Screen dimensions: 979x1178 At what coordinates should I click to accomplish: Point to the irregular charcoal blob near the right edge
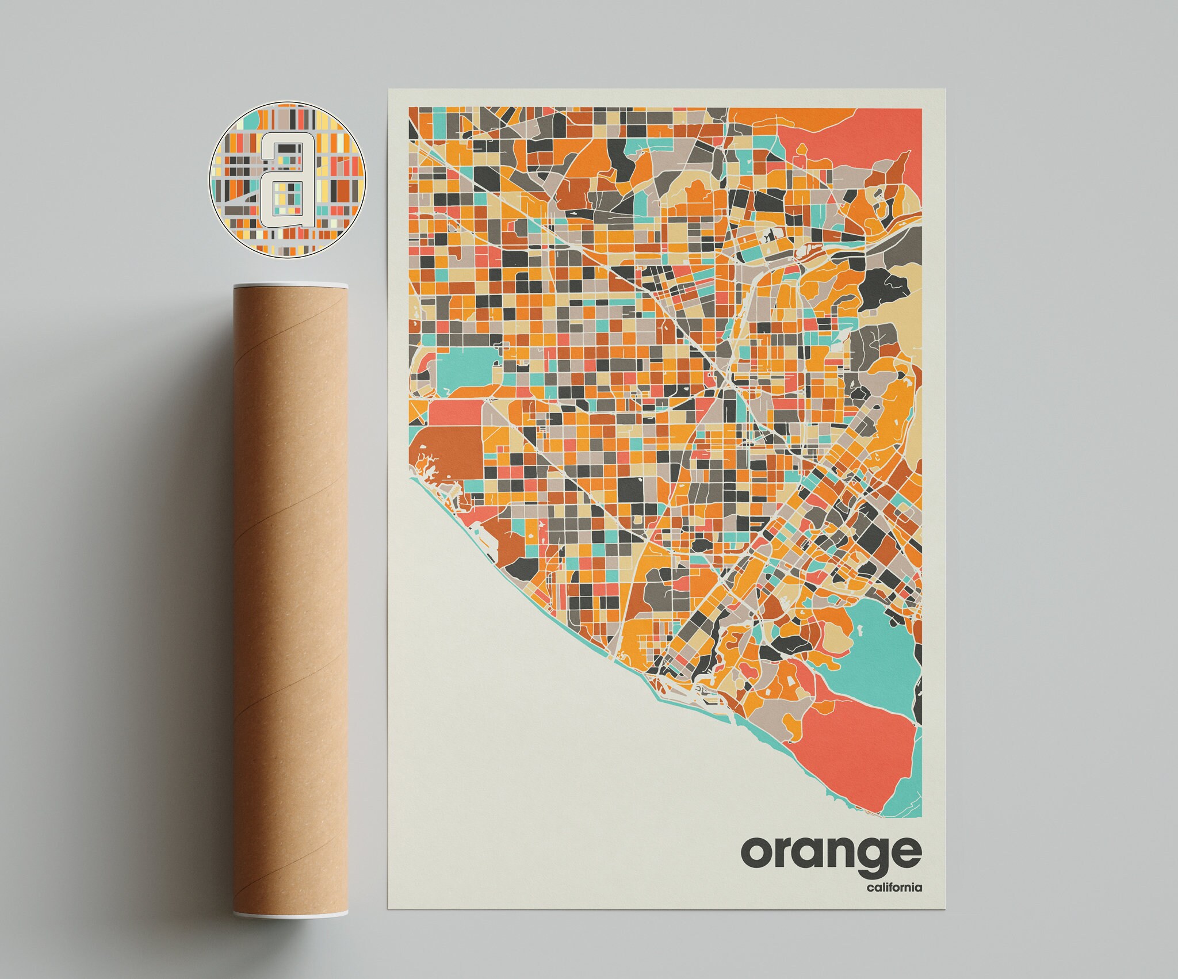883,288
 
